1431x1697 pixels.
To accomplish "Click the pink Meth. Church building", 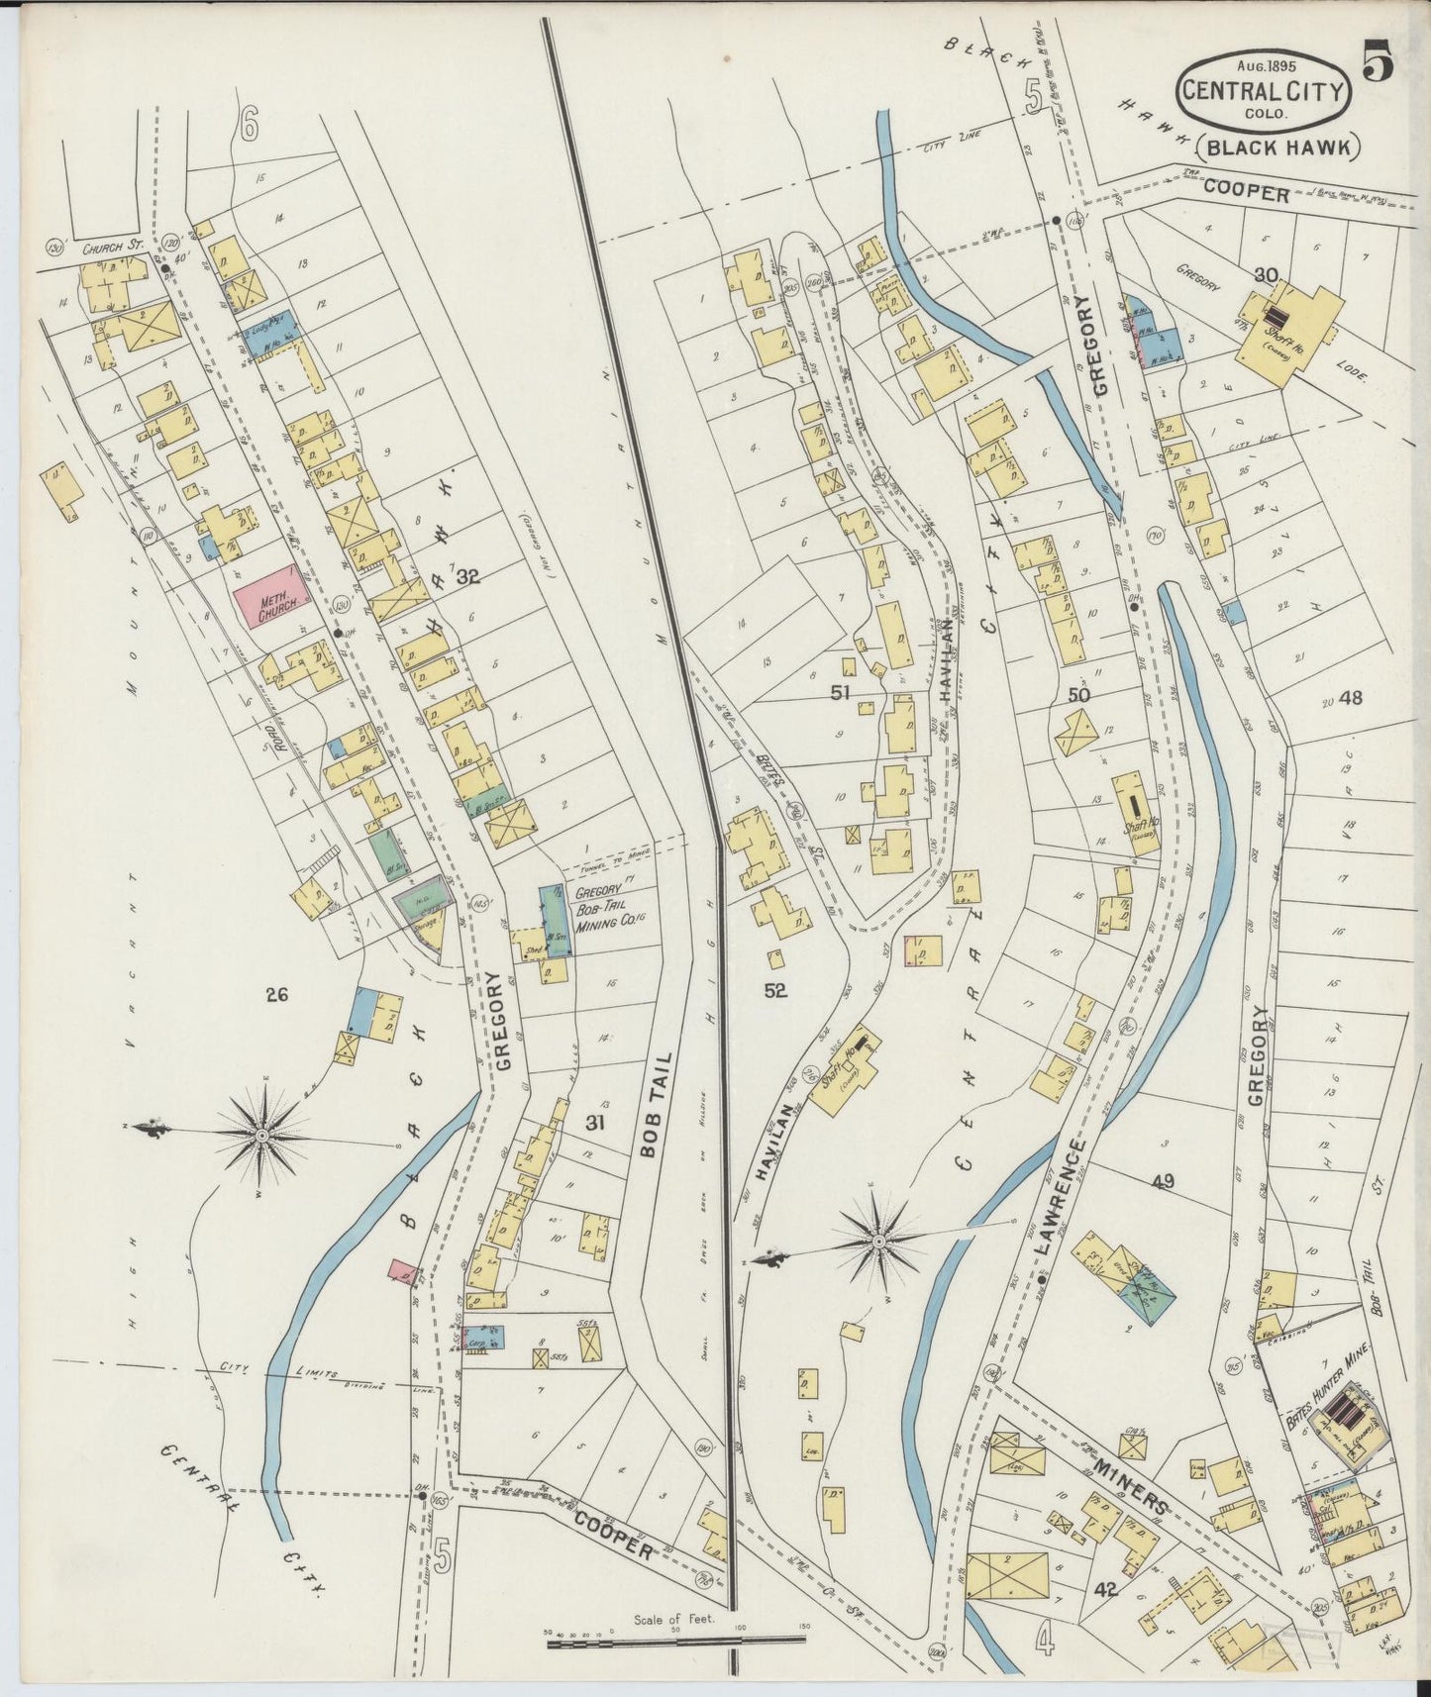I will click(266, 596).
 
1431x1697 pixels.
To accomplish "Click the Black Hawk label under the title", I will click(1279, 148).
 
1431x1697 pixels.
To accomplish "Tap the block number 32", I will click(468, 577).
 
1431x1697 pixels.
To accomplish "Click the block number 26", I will click(276, 995).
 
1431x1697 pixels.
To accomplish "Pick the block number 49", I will click(1163, 1180).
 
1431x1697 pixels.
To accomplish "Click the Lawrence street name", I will click(1063, 1199).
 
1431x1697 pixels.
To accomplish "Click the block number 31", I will click(595, 1123).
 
